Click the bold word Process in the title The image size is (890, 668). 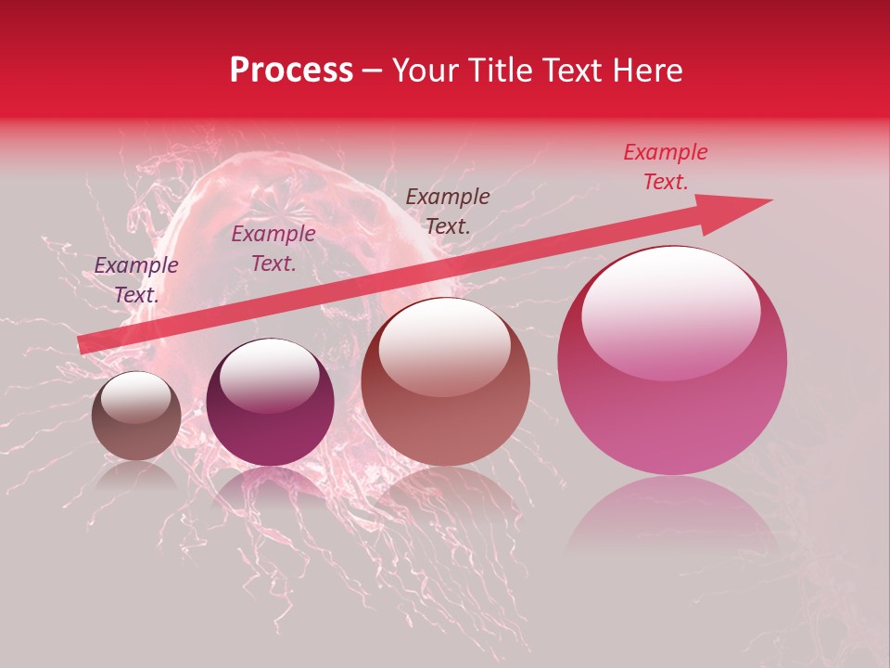tap(291, 71)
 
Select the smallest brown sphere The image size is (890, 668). tap(136, 417)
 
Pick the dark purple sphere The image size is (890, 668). tap(270, 403)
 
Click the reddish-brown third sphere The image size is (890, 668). tap(445, 382)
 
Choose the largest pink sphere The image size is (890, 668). tap(672, 362)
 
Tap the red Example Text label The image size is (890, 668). tap(666, 167)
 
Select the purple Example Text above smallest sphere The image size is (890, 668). tap(136, 280)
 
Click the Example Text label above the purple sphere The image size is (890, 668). tap(273, 249)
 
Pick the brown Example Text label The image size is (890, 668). tap(448, 211)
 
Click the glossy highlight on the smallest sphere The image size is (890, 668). tap(135, 397)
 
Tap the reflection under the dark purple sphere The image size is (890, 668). tap(270, 487)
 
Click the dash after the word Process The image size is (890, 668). tap(373, 71)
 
